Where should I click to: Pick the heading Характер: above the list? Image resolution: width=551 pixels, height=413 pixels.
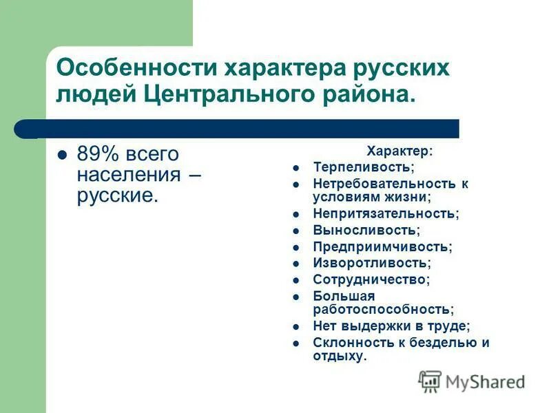399,151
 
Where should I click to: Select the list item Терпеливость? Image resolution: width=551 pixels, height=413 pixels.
364,167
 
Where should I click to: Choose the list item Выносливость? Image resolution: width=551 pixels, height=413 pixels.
366,230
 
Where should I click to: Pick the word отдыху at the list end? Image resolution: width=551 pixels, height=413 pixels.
337,356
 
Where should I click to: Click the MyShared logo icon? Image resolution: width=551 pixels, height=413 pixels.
429,381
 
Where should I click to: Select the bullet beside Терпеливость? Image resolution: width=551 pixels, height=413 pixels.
295,168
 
